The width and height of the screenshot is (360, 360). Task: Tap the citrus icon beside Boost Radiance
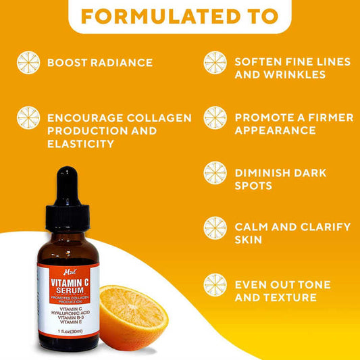pos(28,62)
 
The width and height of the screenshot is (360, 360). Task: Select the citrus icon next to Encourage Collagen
pos(28,118)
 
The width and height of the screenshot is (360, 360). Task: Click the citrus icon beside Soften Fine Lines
pos(215,62)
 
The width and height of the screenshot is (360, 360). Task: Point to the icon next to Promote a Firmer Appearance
pos(215,118)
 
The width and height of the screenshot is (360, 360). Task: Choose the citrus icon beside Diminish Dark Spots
pos(215,173)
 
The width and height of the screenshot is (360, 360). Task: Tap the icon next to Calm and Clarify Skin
pos(215,228)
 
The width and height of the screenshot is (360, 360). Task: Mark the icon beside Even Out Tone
pos(215,284)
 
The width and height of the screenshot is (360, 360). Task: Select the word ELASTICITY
pos(80,144)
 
